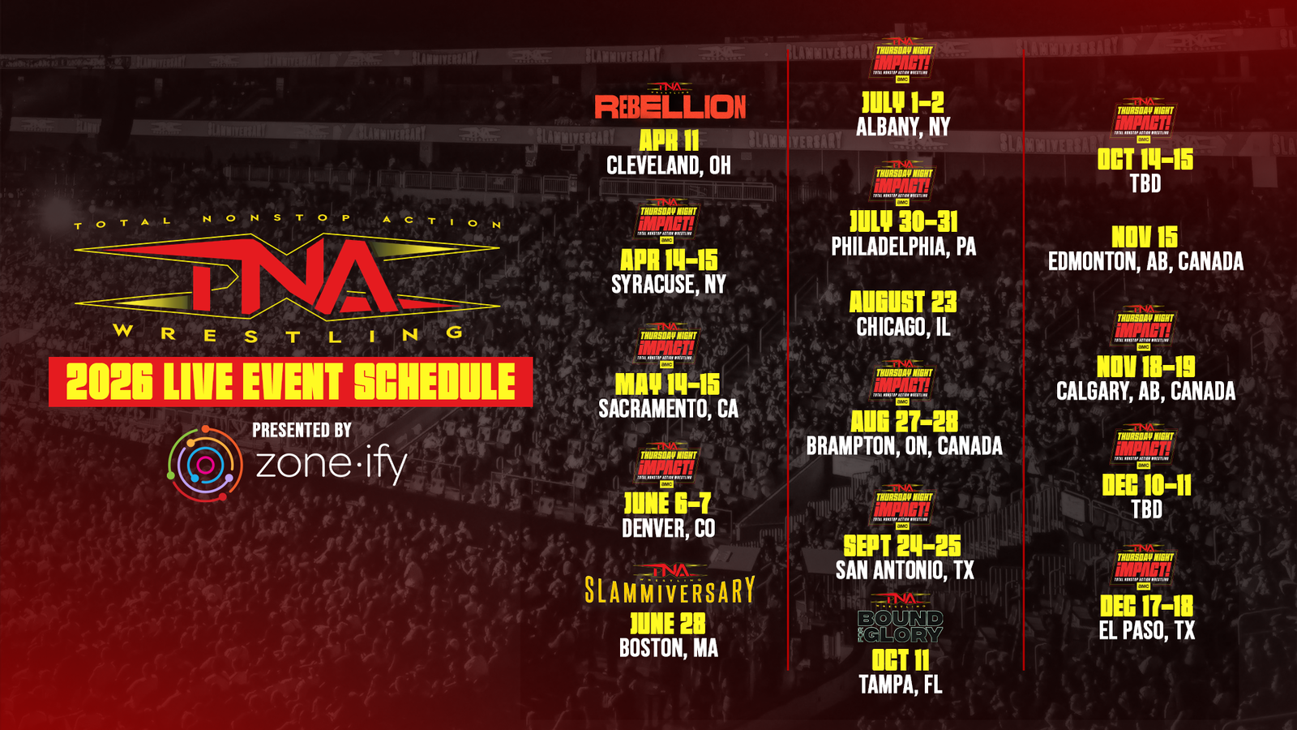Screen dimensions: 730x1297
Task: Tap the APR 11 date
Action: coord(669,140)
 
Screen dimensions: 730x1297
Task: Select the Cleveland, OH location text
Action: coord(669,165)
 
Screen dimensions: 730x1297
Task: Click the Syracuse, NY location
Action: coord(669,285)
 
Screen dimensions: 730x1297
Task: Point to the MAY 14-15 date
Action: coord(667,384)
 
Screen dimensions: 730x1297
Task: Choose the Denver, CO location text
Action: coord(669,529)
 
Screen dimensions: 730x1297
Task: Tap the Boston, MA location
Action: coord(669,648)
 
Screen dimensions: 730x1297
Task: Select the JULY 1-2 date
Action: coord(902,102)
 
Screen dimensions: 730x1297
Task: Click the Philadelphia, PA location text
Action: coord(903,247)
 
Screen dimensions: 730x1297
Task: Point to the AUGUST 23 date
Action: coord(903,303)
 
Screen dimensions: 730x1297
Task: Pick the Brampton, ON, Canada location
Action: coord(904,446)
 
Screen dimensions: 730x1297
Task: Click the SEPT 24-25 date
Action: coord(902,546)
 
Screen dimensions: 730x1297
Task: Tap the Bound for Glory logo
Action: coord(901,625)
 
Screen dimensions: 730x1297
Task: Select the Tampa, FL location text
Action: coord(901,685)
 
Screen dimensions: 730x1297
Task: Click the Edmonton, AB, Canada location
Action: coord(1145,261)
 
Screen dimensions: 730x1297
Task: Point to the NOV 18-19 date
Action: coord(1145,367)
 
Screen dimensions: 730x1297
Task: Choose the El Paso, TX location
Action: coord(1146,630)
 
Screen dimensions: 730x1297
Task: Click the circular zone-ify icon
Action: coord(205,464)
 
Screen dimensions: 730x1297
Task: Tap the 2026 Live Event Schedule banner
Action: coord(290,382)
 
